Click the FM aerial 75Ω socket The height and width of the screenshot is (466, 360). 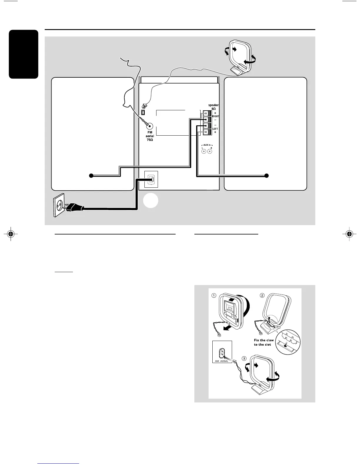(150, 126)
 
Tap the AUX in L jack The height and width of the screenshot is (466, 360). (203, 152)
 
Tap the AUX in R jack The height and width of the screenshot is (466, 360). (210, 152)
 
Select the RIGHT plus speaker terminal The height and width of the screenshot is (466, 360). (206, 113)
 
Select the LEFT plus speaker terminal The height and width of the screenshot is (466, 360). (206, 132)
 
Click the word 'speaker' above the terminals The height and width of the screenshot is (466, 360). (214, 105)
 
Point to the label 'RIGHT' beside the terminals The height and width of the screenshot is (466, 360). (216, 116)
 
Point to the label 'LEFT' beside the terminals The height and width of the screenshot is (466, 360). (215, 129)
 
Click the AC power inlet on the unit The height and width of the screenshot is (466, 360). (151, 179)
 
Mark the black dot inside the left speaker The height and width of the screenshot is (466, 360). (91, 176)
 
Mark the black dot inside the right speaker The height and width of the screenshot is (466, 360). (266, 176)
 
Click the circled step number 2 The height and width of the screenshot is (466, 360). (262, 296)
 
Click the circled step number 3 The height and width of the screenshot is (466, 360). (244, 358)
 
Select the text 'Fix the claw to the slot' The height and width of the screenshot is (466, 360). (264, 342)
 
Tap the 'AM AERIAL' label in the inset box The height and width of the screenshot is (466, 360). (222, 361)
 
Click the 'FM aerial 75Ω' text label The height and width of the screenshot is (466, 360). (150, 136)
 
